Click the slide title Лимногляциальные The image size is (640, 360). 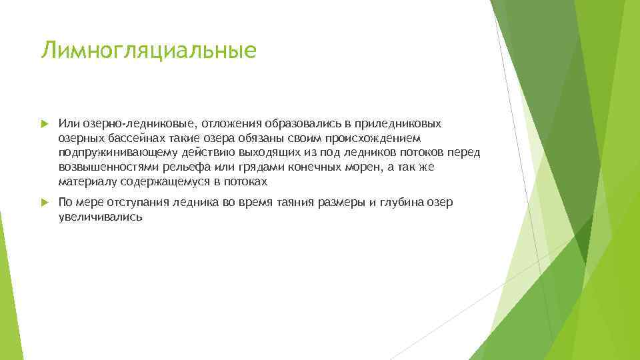[148, 51]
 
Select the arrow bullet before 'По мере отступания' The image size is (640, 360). [44, 203]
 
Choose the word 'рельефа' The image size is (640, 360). [177, 167]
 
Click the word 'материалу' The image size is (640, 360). [85, 181]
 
